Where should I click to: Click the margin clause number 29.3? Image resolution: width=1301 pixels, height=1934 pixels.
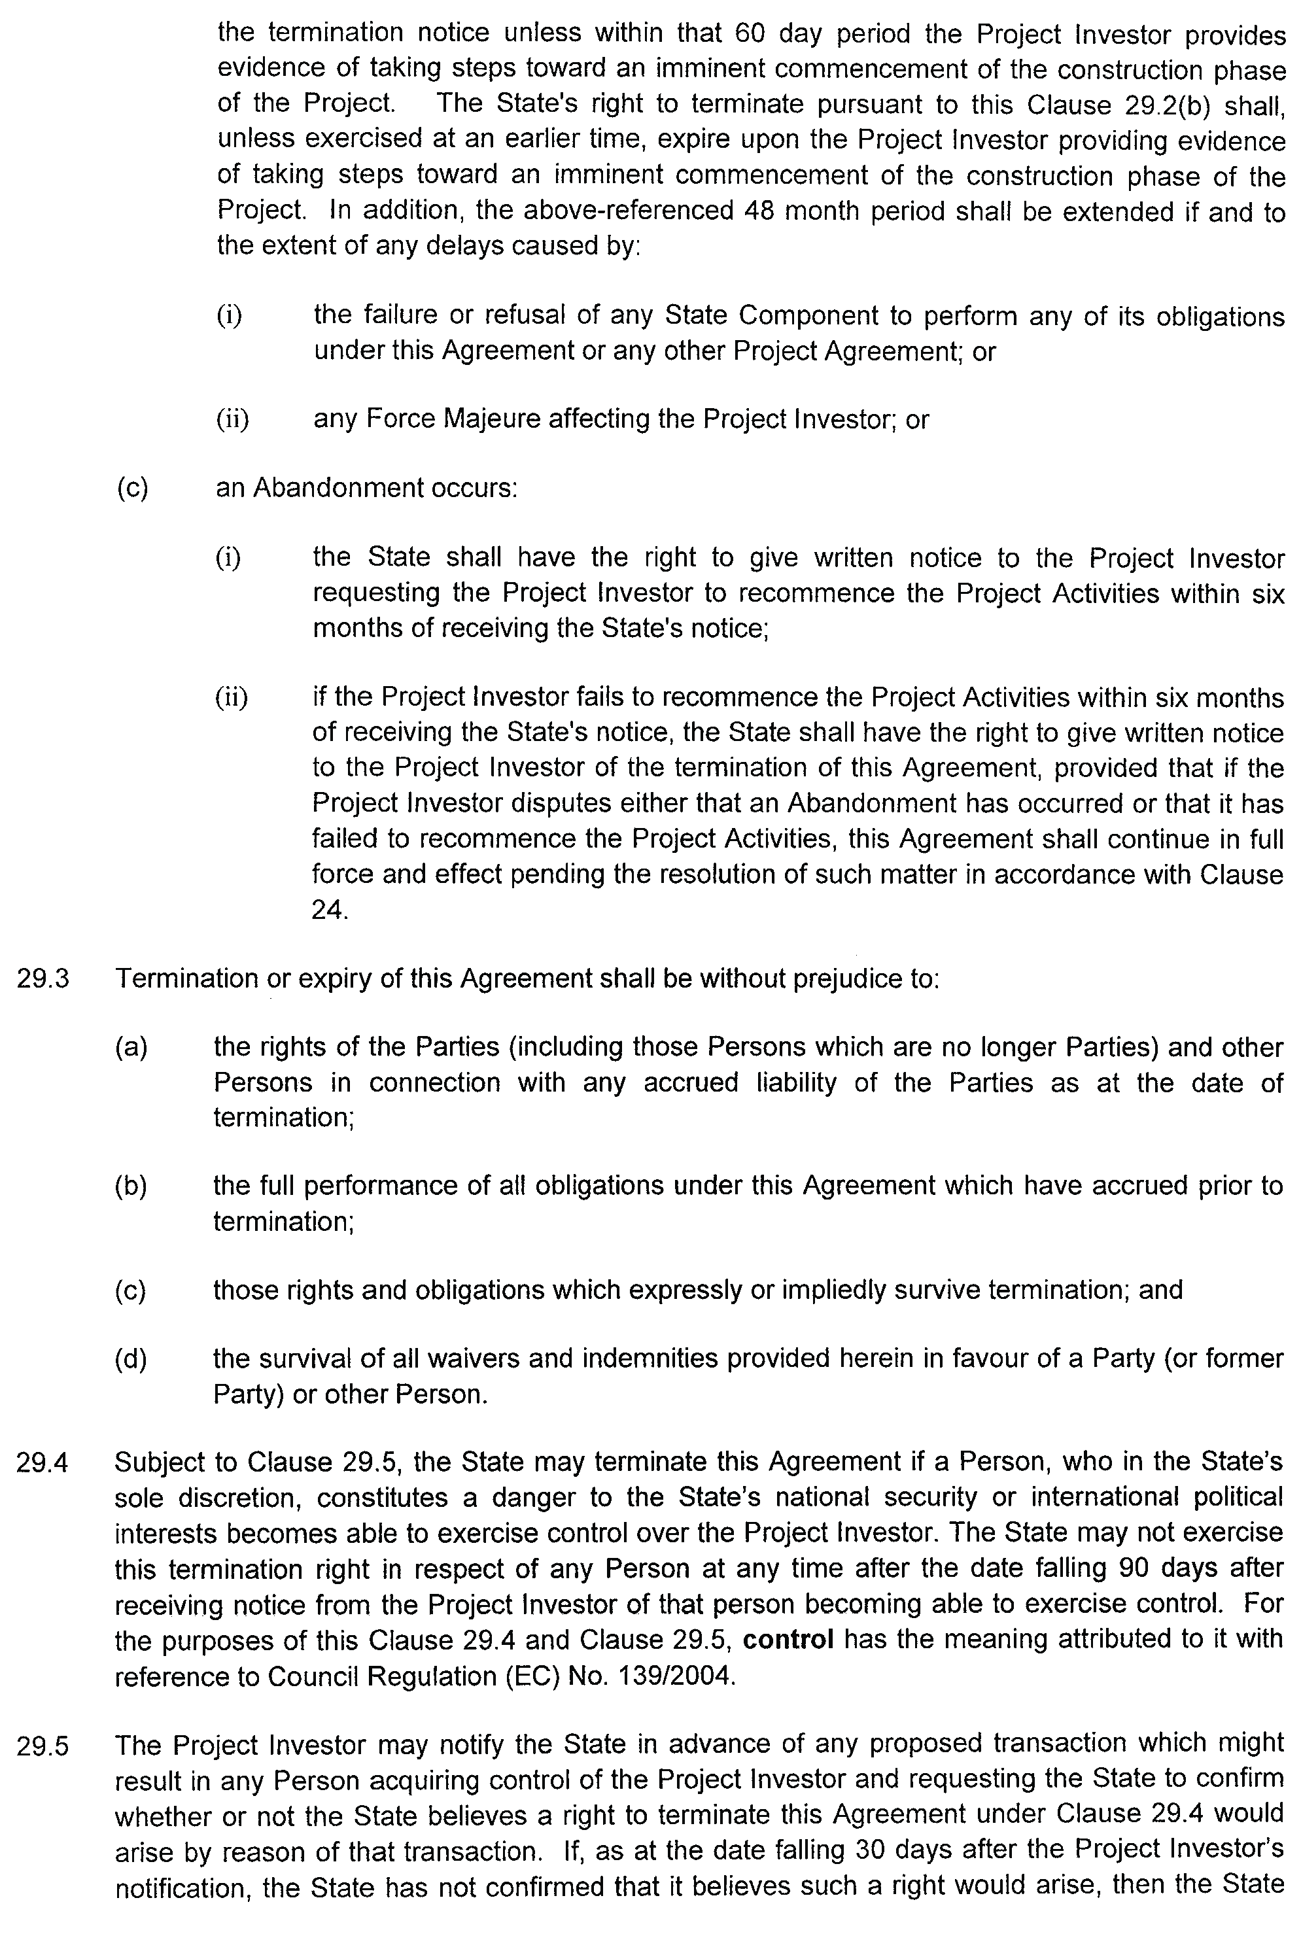tap(43, 979)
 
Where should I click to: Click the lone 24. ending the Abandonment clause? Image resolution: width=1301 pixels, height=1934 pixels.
tap(330, 910)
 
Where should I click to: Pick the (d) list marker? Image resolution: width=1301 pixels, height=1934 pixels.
tap(131, 1358)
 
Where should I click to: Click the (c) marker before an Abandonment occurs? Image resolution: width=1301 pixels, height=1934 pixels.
tap(133, 488)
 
